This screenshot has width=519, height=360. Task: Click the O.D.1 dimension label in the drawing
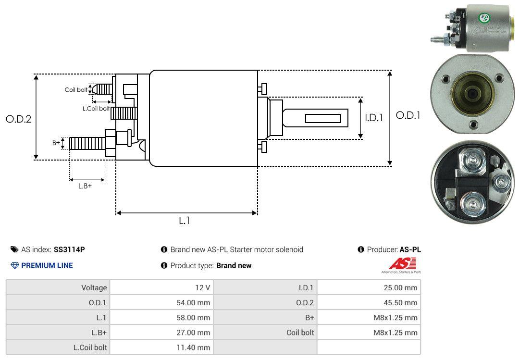(408, 115)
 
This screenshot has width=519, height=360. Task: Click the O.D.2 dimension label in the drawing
(18, 119)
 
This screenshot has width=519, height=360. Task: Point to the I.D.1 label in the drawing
(373, 117)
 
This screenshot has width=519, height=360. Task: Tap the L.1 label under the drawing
(185, 221)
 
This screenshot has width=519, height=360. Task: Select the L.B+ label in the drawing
(85, 186)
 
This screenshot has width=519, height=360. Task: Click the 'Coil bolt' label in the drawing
(76, 90)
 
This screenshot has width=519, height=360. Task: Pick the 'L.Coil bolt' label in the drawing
(96, 109)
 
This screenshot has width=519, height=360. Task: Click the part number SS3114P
(69, 249)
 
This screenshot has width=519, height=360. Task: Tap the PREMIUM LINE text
(47, 265)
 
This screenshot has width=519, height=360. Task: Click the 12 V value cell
(161, 288)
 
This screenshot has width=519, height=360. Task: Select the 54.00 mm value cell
(161, 303)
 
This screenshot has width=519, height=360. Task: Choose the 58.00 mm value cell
(161, 318)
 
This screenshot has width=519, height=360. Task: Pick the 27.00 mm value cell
(161, 332)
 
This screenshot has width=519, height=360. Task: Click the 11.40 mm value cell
(161, 347)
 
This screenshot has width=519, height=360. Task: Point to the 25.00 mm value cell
(369, 288)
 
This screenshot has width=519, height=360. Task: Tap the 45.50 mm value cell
(369, 303)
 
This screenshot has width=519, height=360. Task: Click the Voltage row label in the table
(94, 288)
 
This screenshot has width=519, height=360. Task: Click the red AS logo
(402, 264)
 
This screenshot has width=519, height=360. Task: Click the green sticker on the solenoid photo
(483, 19)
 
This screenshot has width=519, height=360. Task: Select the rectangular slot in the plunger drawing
(323, 118)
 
